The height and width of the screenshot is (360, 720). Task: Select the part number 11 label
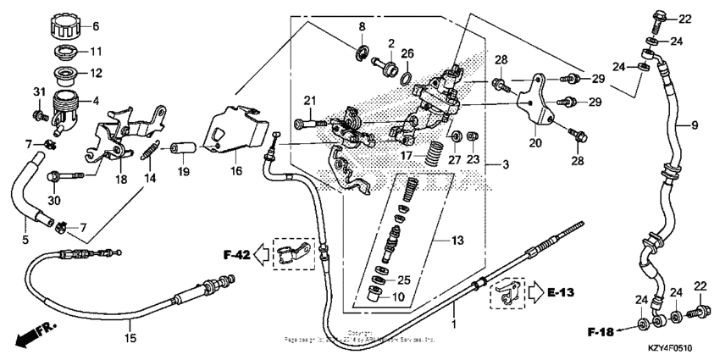[95, 51]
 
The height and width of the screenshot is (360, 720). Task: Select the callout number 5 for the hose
[25, 240]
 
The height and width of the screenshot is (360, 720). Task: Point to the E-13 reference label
[561, 293]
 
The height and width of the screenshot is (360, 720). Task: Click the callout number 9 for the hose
[694, 125]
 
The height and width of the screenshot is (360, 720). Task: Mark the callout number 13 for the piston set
[458, 241]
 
